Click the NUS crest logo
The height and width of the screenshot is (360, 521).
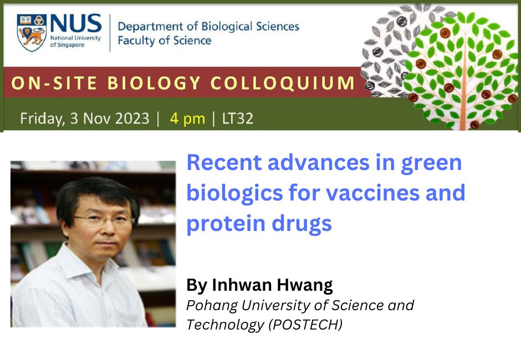click(31, 32)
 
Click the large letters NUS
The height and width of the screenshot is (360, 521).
click(75, 24)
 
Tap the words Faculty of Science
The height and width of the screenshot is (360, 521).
click(164, 40)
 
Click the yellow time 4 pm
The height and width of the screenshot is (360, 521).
click(187, 119)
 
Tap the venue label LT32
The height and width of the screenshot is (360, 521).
click(237, 119)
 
